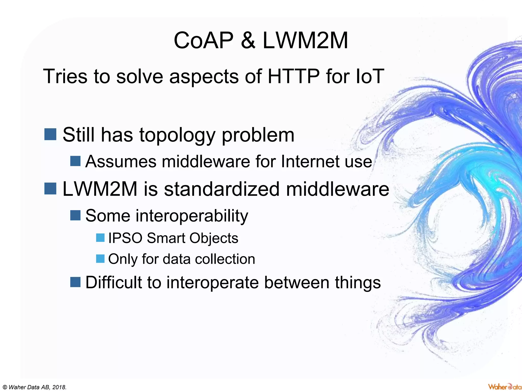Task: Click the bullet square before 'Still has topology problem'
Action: pyautogui.click(x=50, y=134)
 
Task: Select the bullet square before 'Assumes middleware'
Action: pyautogui.click(x=75, y=161)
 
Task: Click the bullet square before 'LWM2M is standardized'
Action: pyautogui.click(x=50, y=189)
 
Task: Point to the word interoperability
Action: pyautogui.click(x=166, y=216)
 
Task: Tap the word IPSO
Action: pyautogui.click(x=125, y=238)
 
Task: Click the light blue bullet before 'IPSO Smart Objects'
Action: pyautogui.click(x=100, y=238)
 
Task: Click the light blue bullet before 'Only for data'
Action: pyautogui.click(x=100, y=259)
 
